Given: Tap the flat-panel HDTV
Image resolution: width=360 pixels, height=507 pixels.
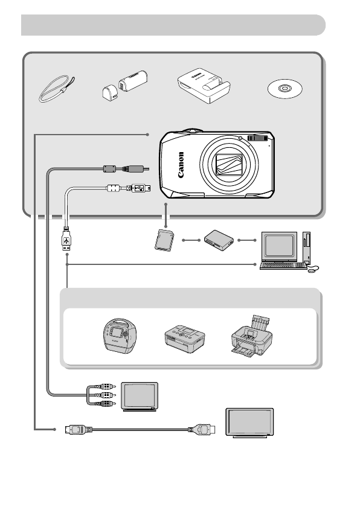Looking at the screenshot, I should tap(249, 423).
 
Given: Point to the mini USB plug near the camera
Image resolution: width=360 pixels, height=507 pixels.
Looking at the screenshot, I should tap(136, 188).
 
